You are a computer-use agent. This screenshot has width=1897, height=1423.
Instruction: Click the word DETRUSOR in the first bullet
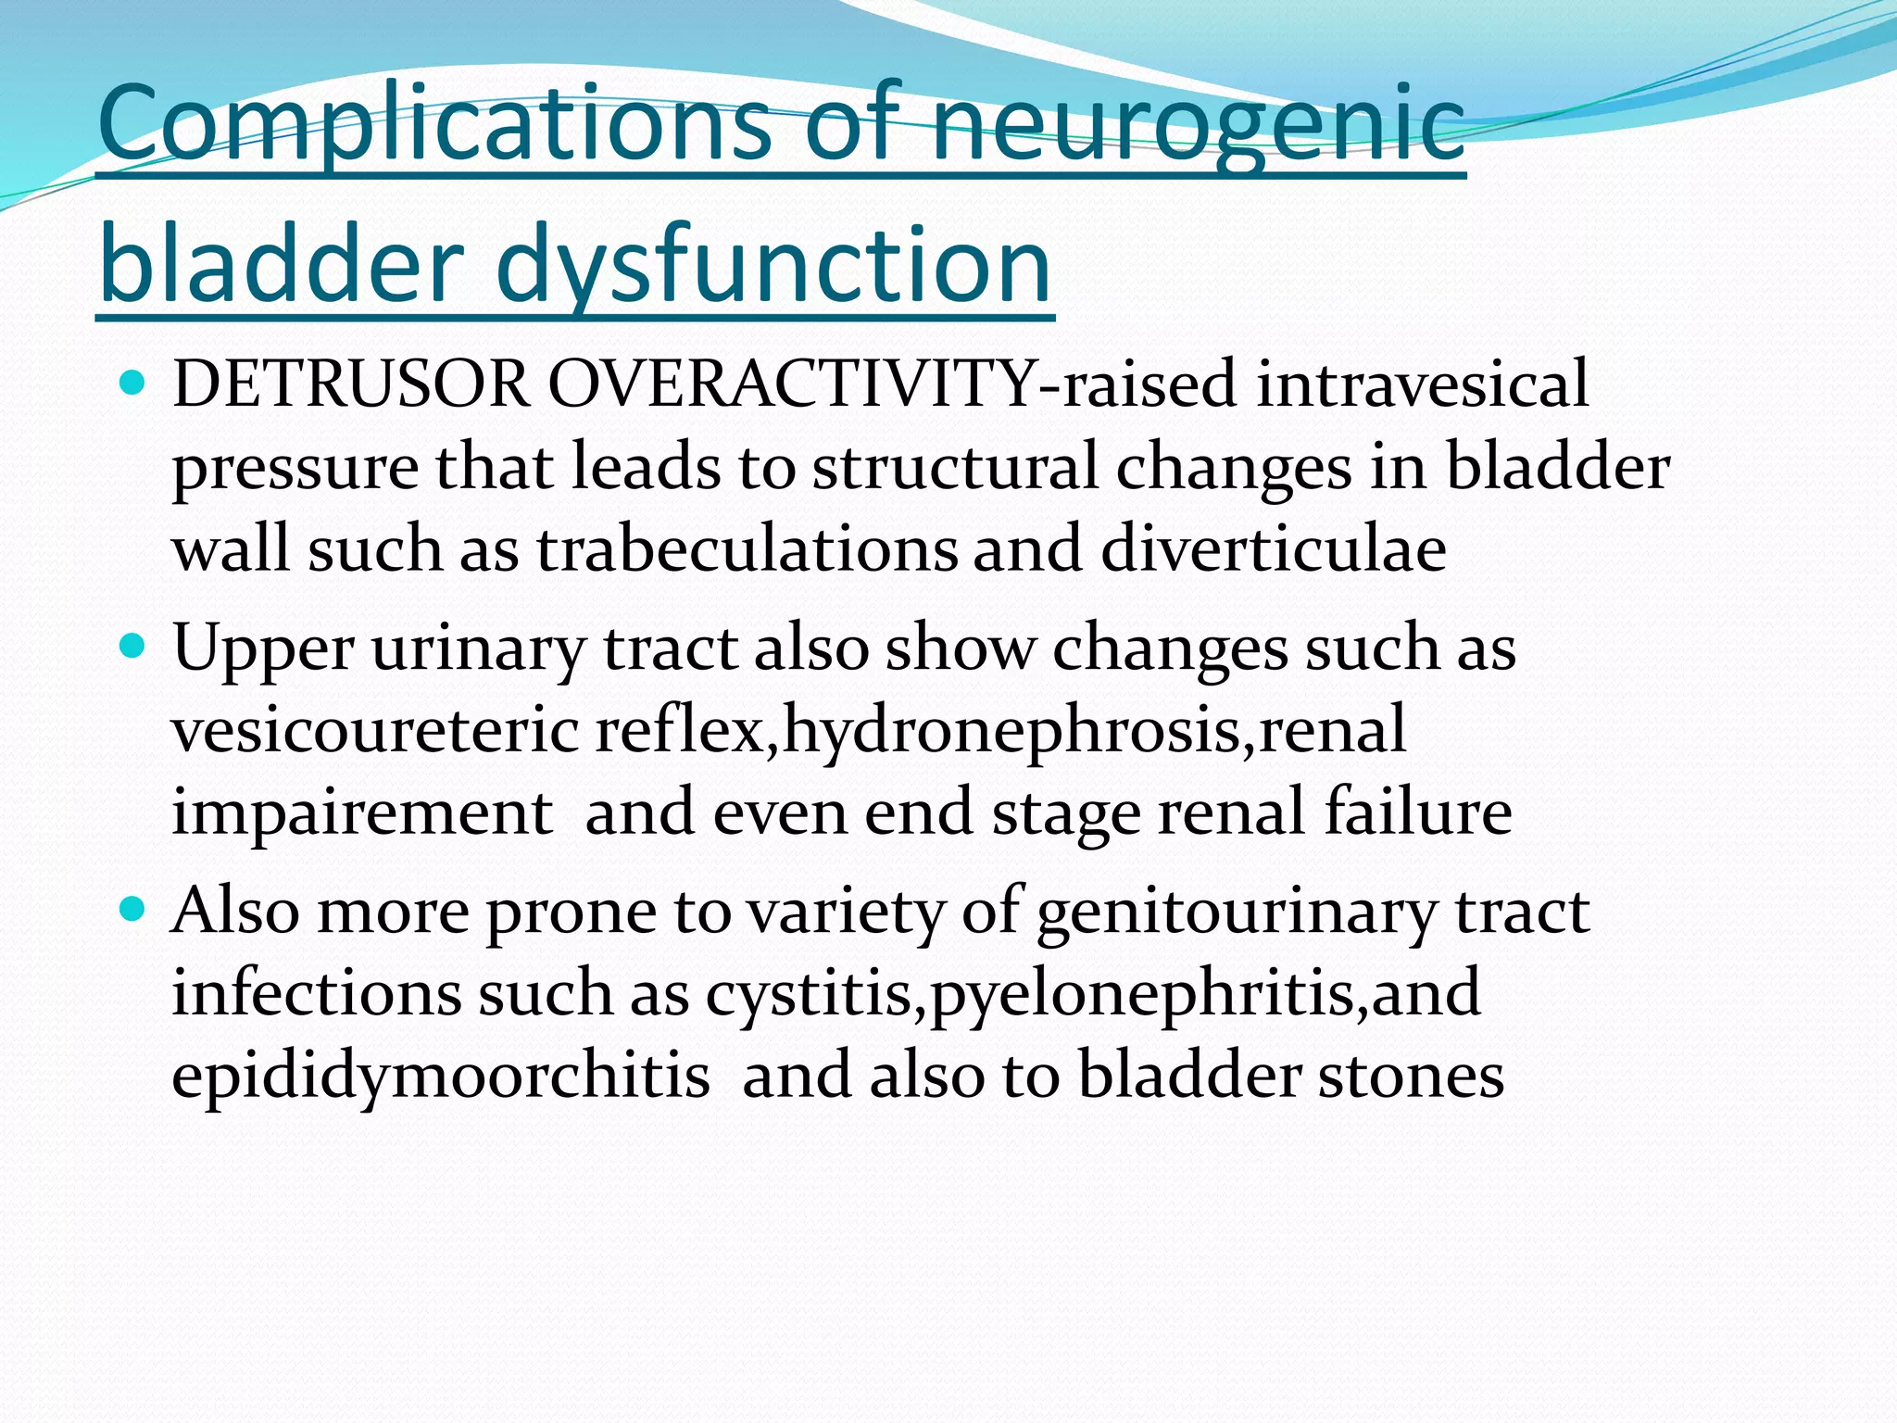coord(351,384)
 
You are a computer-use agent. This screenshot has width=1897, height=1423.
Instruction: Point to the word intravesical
coord(1422,384)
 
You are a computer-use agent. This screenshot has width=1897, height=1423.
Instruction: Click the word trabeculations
coord(747,548)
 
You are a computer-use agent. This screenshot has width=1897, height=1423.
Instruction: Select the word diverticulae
coord(1274,548)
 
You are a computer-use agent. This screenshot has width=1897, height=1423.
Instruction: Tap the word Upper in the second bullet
coord(263,649)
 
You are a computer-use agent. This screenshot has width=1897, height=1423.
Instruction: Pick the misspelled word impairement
coord(362,812)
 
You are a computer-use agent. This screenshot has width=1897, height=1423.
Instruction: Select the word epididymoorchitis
coord(441,1077)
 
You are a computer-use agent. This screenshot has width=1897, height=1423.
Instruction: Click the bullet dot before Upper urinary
coord(133,646)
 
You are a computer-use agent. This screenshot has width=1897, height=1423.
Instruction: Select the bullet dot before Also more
coord(133,909)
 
